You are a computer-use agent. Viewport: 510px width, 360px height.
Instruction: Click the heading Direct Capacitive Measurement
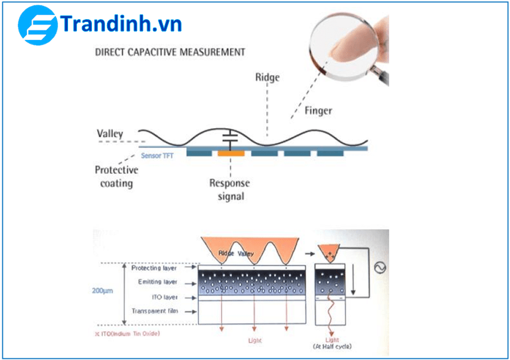170,52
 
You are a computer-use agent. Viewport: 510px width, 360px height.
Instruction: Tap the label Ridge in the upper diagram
267,77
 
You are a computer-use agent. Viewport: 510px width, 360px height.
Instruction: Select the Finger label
318,110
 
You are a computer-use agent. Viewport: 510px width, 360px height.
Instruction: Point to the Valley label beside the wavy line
110,133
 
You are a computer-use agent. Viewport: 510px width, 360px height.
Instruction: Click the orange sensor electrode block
231,153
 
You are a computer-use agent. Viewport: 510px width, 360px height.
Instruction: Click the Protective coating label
116,176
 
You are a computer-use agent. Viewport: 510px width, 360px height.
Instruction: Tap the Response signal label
229,189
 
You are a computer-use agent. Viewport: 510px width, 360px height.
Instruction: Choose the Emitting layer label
155,282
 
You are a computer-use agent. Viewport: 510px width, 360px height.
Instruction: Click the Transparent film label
154,312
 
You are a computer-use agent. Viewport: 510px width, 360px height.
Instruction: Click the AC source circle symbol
379,268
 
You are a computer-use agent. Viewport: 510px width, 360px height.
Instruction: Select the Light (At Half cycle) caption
332,343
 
